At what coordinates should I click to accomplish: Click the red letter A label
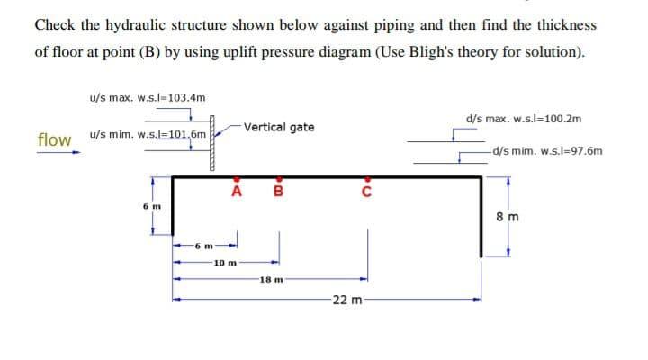click(x=237, y=191)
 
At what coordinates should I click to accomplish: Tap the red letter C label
click(x=365, y=191)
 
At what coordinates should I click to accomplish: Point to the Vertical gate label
click(x=279, y=127)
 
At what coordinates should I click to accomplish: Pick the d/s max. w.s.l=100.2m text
click(x=524, y=118)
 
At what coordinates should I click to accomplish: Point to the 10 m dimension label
click(x=226, y=263)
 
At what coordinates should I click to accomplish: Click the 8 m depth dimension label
click(x=509, y=216)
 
